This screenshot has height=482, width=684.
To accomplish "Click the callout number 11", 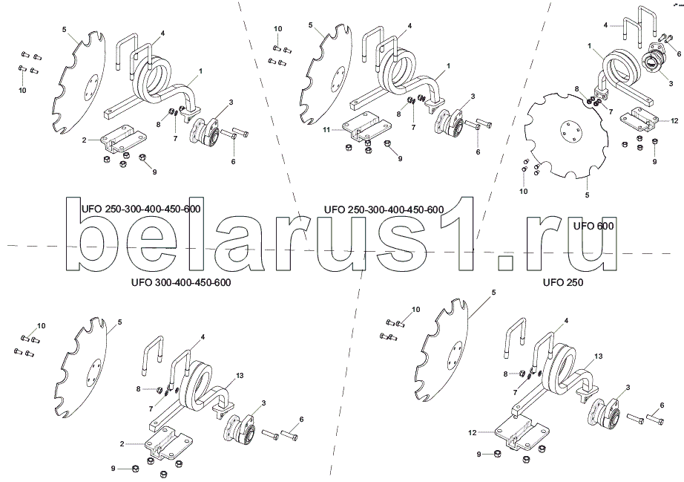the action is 326,129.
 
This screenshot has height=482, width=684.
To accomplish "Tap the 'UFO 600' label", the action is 593,226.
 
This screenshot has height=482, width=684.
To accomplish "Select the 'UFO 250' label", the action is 563,282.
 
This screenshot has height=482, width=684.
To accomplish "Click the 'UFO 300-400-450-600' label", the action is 181,282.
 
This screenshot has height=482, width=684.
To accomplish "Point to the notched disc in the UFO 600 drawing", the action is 566,136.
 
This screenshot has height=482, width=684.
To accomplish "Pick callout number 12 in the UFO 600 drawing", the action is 674,120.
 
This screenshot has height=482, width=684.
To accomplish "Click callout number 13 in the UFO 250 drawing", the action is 599,356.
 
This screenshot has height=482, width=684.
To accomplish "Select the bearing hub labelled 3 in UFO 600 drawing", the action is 654,63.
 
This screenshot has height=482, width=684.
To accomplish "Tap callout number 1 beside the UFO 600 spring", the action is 589,45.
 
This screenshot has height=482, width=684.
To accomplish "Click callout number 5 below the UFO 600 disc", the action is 587,195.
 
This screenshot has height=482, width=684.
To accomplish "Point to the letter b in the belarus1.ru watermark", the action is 95,234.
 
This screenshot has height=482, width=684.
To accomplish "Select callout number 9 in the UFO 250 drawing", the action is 479,454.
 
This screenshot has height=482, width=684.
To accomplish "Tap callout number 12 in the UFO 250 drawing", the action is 472,433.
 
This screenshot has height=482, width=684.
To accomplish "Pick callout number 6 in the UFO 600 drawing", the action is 679,53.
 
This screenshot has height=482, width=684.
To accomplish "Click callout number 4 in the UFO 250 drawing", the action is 566,320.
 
